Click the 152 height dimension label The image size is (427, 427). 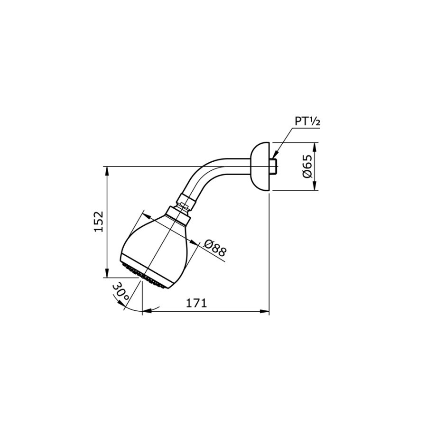(x=98, y=222)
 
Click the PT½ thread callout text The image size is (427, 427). (x=307, y=121)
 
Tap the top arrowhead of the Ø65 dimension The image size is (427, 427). (x=316, y=146)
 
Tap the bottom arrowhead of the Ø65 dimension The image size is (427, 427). (x=316, y=188)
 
